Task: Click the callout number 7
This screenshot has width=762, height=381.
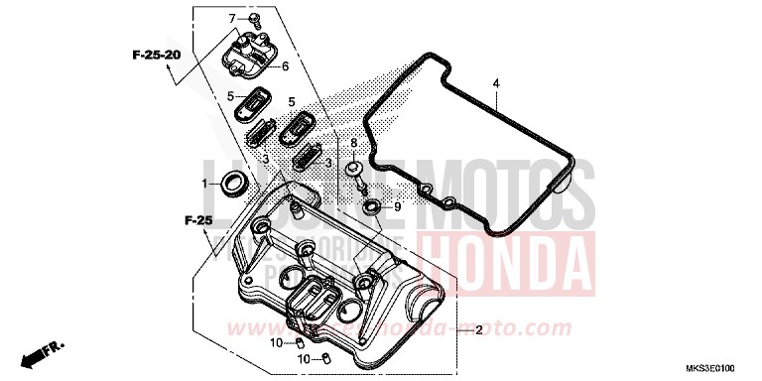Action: (x=232, y=19)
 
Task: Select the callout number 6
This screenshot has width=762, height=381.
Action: (x=285, y=66)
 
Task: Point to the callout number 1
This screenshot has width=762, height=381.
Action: (x=206, y=184)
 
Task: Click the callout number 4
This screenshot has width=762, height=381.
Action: (x=495, y=82)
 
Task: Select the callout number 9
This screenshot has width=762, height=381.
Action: (x=396, y=206)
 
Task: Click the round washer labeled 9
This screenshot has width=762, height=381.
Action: (x=370, y=206)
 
